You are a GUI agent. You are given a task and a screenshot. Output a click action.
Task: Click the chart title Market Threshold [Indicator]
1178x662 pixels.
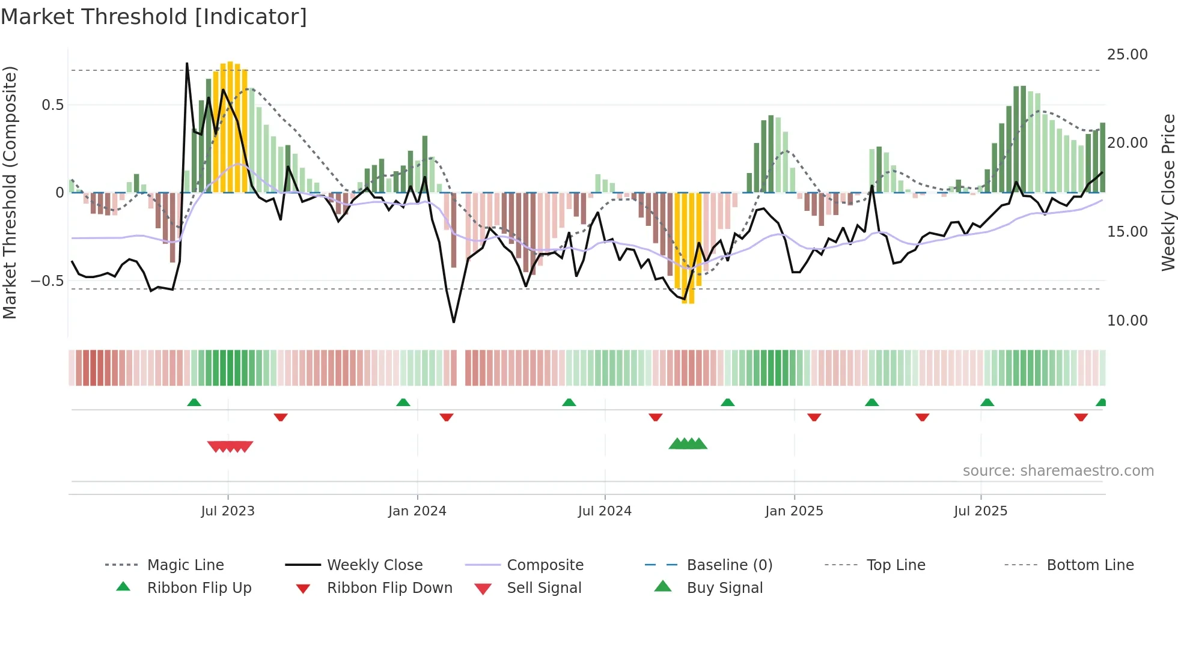[x=154, y=17]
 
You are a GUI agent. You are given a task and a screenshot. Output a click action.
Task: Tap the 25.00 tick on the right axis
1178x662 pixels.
[x=1127, y=55]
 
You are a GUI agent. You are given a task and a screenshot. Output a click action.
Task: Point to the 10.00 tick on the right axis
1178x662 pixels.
[x=1127, y=321]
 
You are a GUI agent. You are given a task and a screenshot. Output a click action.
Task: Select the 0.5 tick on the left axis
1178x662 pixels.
[x=53, y=105]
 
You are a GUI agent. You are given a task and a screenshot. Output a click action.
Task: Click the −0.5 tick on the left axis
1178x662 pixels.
[x=47, y=281]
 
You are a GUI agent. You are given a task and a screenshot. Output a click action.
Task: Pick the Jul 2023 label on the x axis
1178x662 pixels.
[x=228, y=511]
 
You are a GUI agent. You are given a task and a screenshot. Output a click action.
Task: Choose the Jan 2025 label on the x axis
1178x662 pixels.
[x=794, y=511]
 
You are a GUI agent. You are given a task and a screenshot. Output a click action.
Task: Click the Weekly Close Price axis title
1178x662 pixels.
[x=1168, y=192]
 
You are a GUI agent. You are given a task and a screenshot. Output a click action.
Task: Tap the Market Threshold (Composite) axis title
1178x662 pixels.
[x=10, y=192]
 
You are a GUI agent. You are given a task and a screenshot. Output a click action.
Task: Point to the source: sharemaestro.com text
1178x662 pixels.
[x=1058, y=471]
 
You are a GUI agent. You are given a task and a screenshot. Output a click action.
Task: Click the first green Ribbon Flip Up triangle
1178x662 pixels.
[x=194, y=402]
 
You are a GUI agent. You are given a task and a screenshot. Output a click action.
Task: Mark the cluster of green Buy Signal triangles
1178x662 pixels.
[x=688, y=444]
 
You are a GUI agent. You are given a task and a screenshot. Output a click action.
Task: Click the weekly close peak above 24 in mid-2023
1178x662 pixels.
[x=187, y=64]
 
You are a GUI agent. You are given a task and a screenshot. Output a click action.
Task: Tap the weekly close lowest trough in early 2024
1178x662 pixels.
[x=454, y=321]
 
